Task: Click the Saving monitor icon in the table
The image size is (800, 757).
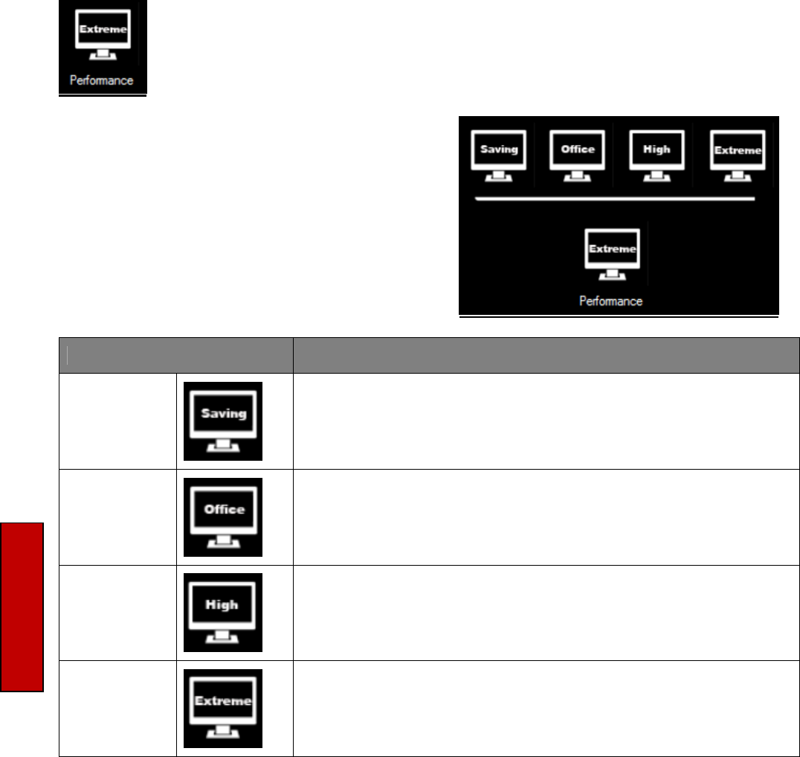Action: click(223, 421)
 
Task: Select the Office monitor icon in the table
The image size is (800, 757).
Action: click(223, 516)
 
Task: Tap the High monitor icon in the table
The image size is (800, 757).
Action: click(223, 611)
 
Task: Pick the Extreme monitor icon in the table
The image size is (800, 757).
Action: click(223, 707)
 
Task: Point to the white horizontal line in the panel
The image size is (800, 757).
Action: click(614, 199)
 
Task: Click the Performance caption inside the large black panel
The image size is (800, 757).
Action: click(611, 302)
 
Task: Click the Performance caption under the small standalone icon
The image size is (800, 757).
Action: click(102, 80)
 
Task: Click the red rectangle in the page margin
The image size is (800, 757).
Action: click(22, 607)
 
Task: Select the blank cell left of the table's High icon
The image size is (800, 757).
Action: click(117, 611)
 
